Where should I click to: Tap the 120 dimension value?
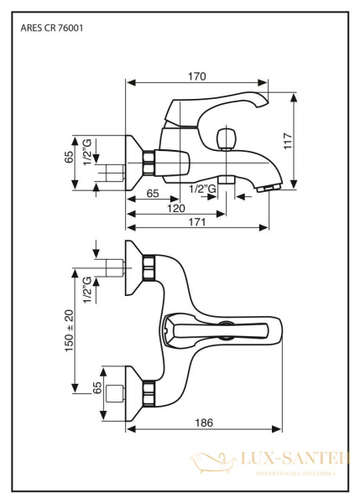175,208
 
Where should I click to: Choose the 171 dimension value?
199,221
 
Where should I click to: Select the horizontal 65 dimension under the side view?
153,194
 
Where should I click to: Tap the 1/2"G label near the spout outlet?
202,189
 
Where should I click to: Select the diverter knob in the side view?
225,137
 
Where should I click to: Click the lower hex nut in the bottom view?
150,390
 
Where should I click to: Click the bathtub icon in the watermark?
205,463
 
